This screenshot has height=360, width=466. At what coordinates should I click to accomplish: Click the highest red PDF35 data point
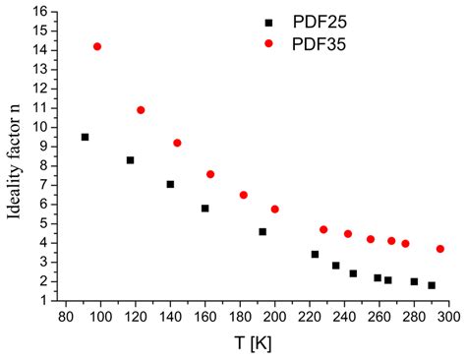point(96,46)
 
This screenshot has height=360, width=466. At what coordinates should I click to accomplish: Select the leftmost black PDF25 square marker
point(86,137)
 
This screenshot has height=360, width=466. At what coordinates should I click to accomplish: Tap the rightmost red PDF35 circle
point(440,249)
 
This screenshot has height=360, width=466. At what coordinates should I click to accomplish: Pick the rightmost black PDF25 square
point(432,285)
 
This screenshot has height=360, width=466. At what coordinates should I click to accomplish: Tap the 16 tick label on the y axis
point(41,12)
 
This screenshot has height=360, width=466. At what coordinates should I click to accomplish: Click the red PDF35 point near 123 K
point(141,110)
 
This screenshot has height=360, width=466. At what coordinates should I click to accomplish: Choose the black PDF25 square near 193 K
point(262,231)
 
